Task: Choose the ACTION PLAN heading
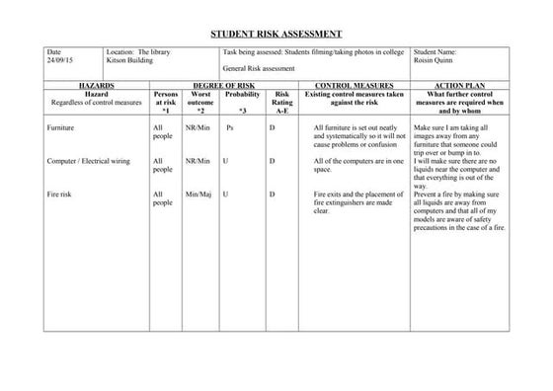click(x=458, y=86)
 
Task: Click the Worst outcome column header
click(x=199, y=101)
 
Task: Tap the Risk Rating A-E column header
click(x=281, y=101)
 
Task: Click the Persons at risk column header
click(x=164, y=101)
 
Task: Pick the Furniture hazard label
click(x=61, y=128)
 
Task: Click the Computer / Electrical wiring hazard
click(x=87, y=160)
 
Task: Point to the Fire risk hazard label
click(x=61, y=195)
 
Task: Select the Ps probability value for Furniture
click(x=229, y=128)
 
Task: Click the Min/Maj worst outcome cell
click(x=199, y=195)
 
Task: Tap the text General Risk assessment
click(x=259, y=69)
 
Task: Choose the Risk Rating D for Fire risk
click(x=272, y=195)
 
